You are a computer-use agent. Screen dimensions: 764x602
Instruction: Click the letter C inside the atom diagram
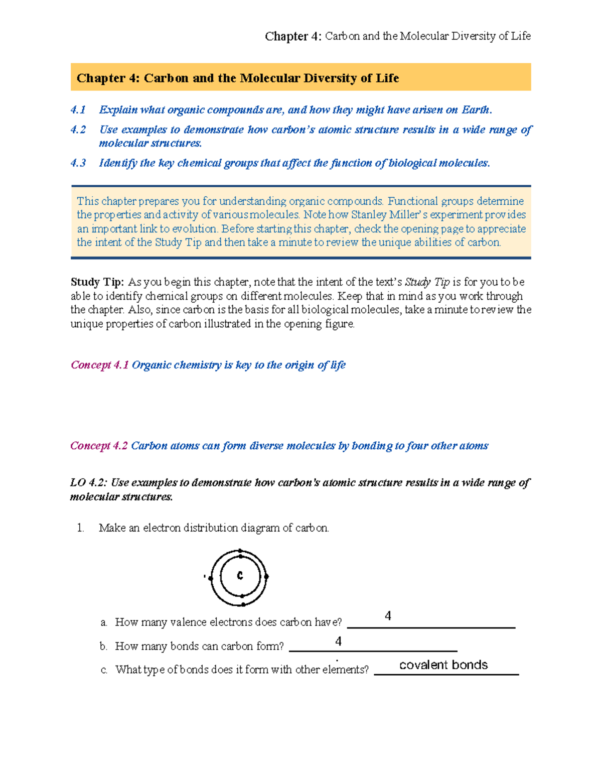tap(240, 576)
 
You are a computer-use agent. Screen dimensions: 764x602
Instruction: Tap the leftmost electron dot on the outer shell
tap(211, 578)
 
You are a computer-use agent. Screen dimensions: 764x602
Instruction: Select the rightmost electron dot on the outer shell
tap(266, 577)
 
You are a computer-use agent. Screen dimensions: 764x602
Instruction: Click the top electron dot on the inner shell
tap(241, 557)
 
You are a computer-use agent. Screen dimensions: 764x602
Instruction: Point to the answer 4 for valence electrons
tap(388, 616)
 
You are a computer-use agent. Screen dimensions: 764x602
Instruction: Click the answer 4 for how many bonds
tap(339, 641)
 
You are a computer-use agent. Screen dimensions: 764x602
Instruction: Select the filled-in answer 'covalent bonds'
tap(443, 665)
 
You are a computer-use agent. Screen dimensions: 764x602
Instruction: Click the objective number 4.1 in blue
tap(78, 110)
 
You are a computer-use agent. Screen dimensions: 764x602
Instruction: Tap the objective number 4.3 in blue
tap(78, 163)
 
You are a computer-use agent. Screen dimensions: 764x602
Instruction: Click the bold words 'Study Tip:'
tap(97, 282)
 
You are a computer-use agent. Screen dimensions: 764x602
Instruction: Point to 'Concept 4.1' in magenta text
tap(100, 365)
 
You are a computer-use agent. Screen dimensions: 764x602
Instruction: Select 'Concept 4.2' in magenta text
tap(99, 446)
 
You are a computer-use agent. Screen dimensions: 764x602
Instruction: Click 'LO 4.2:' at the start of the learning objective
tap(89, 483)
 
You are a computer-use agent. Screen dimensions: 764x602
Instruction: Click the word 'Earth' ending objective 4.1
tap(475, 110)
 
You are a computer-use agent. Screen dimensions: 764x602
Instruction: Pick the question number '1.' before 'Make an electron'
tap(80, 528)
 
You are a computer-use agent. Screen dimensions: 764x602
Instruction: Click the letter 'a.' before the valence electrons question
tap(104, 623)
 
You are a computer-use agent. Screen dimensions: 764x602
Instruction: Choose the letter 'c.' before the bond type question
tap(104, 670)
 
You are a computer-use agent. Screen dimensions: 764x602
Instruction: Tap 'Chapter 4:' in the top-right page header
tap(293, 36)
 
